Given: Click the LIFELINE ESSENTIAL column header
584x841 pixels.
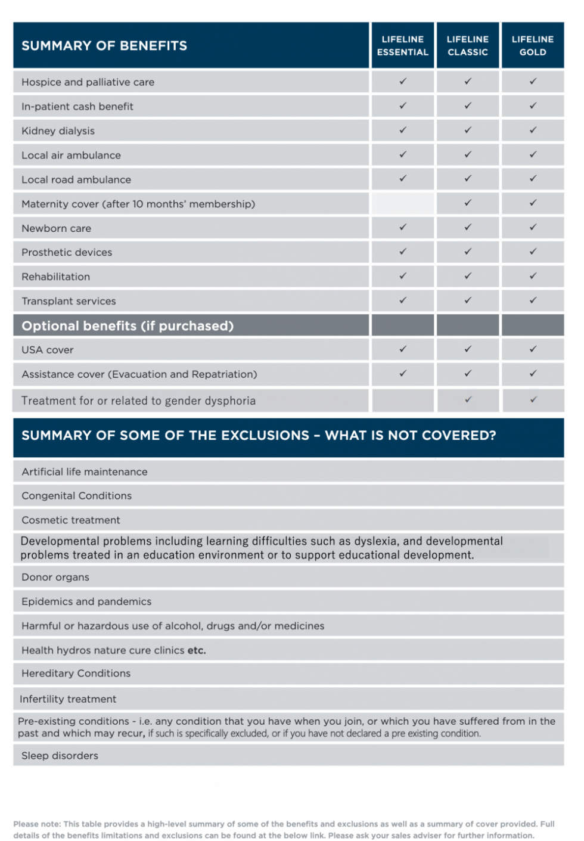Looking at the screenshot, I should pyautogui.click(x=403, y=46).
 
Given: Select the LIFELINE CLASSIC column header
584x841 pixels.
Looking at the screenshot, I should pyautogui.click(x=468, y=46).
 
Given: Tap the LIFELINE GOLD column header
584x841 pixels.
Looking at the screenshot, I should pyautogui.click(x=533, y=46).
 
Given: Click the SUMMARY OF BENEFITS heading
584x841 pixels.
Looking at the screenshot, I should pyautogui.click(x=104, y=46).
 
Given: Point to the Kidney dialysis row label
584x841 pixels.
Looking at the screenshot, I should pyautogui.click(x=58, y=131).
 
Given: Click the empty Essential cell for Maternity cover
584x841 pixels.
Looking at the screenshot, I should pyautogui.click(x=403, y=204).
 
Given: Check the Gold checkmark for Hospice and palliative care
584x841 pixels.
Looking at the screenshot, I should pyautogui.click(x=533, y=81).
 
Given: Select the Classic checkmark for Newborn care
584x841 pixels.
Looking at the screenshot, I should pyautogui.click(x=468, y=227).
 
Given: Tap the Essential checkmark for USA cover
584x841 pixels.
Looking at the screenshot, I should pyautogui.click(x=403, y=349).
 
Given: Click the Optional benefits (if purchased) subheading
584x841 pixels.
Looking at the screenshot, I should pyautogui.click(x=128, y=326).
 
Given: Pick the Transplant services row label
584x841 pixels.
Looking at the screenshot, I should pyautogui.click(x=69, y=302).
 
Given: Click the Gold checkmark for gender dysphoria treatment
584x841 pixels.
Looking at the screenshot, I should pyautogui.click(x=533, y=400).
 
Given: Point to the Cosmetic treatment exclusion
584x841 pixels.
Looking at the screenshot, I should pyautogui.click(x=70, y=520).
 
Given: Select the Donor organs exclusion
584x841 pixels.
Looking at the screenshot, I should pyautogui.click(x=55, y=578).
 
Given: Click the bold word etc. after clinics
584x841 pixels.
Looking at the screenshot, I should pyautogui.click(x=197, y=651).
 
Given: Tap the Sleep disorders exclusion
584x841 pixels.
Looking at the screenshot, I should pyautogui.click(x=60, y=756).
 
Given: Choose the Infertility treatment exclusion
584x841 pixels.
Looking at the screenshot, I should pyautogui.click(x=68, y=699).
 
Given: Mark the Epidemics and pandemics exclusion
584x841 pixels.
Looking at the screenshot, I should pyautogui.click(x=86, y=602).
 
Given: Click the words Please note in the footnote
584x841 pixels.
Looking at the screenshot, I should pyautogui.click(x=36, y=824).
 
